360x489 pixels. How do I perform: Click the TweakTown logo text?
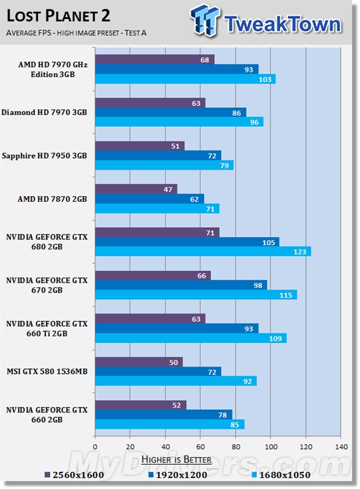pyautogui.click(x=282, y=24)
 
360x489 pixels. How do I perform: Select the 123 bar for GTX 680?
pyautogui.click(x=203, y=251)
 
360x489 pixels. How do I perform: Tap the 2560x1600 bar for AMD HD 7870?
pyautogui.click(x=136, y=189)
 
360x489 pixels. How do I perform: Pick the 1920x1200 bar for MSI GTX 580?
pyautogui.click(x=158, y=371)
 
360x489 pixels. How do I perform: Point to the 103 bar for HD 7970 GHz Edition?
pyautogui.click(x=185, y=79)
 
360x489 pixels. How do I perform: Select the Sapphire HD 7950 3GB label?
pyautogui.click(x=44, y=155)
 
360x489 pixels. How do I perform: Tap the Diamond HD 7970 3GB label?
pyautogui.click(x=44, y=112)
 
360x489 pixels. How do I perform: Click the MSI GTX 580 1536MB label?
pyautogui.click(x=46, y=371)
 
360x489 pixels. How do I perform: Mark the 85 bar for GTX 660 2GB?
pyautogui.click(x=170, y=424)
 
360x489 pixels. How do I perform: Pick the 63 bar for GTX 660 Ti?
pyautogui.click(x=150, y=318)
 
